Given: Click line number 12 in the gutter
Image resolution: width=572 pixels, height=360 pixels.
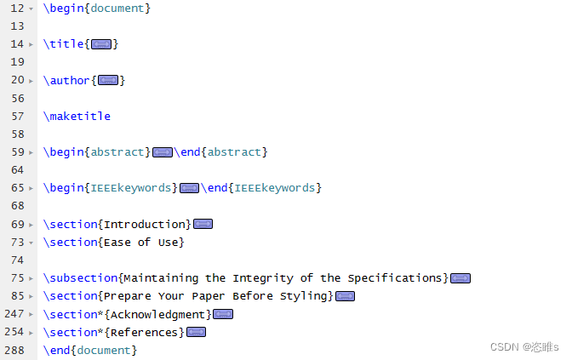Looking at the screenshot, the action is pos(17,8).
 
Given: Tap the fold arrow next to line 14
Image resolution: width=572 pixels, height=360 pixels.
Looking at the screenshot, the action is pos(31,44).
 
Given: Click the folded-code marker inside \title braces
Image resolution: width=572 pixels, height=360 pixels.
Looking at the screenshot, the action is pos(101,44).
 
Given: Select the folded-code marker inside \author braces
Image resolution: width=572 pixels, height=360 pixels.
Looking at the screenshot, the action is pos(108,80).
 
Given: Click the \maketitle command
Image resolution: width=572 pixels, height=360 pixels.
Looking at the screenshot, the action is pos(77,117).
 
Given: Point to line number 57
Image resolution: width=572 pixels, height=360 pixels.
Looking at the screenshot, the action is pos(18,117).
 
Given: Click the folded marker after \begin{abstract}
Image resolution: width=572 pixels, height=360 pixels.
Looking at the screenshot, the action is pos(163,152).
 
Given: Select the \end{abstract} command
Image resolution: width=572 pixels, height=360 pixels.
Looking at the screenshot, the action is pos(220,152).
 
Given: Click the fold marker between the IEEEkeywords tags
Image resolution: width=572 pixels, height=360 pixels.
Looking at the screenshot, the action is pos(189,188).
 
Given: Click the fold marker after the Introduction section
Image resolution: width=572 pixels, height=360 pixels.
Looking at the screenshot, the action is pos(203,224).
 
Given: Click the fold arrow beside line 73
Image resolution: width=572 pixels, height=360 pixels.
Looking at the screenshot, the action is pos(31,243).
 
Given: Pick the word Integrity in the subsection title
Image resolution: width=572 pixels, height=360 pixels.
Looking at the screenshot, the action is pos(263,278).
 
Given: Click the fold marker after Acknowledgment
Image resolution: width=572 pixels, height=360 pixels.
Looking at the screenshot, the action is pos(223,314).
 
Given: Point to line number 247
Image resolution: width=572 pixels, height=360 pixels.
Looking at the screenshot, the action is pos(14,314).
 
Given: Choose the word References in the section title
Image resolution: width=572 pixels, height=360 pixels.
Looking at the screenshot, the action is pos(144,333).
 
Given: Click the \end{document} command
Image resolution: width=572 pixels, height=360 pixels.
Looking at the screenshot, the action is pos(89,351).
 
